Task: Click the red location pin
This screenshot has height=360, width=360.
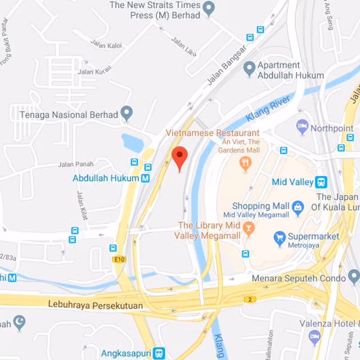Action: [x=180, y=157]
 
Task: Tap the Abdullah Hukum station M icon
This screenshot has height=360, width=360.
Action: [x=145, y=178]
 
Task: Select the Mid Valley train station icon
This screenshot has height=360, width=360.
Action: [x=321, y=182]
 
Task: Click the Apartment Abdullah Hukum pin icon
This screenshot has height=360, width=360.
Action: [x=249, y=69]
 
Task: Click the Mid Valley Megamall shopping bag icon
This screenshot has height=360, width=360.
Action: [x=297, y=207]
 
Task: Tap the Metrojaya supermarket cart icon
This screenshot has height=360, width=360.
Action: [x=280, y=237]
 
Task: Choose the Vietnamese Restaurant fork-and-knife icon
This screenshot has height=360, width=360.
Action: [x=245, y=163]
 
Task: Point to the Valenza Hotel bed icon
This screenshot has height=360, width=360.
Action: [x=315, y=336]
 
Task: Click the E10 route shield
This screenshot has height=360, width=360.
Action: [x=119, y=259]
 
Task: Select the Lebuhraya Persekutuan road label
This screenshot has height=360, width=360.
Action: [x=95, y=306]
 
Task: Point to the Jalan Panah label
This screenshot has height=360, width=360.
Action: [x=72, y=164]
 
